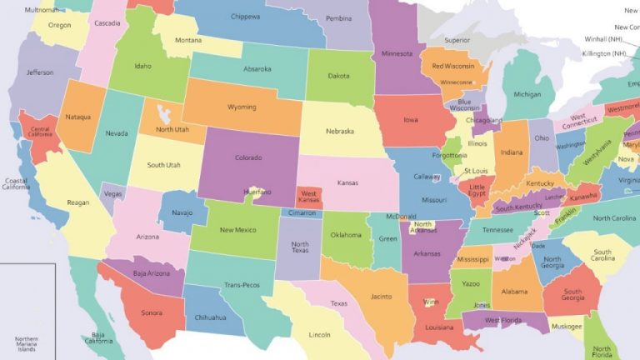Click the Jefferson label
40,72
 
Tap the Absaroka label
257,69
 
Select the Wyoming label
241,107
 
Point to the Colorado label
247,157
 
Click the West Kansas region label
309,197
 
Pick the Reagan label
78,202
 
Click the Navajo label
182,213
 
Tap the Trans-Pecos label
242,285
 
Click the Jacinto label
381,296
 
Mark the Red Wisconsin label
453,67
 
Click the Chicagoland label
484,121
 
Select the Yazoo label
471,284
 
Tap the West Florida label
503,320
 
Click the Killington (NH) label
605,53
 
